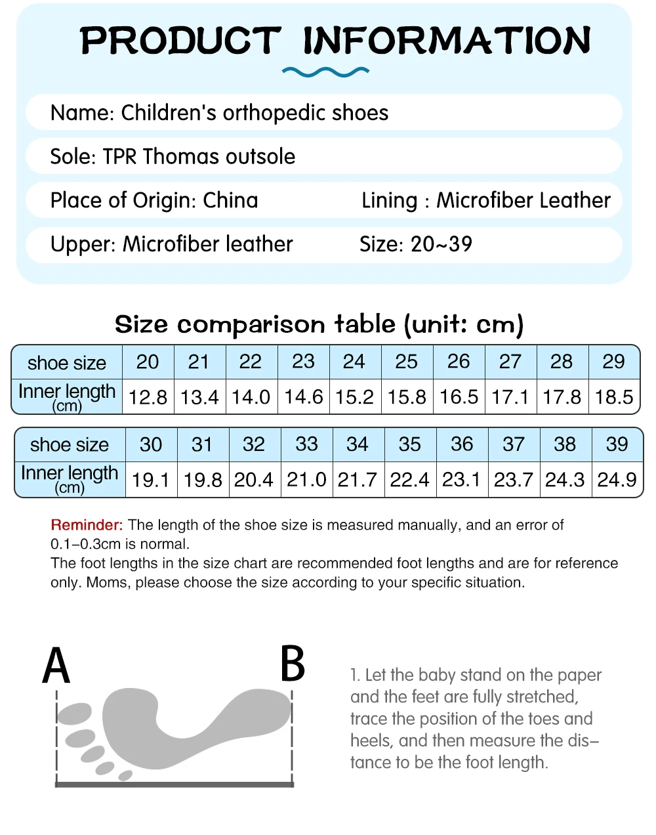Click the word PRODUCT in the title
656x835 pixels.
click(180, 41)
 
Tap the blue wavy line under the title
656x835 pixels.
click(325, 72)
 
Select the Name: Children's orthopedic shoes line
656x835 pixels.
click(219, 113)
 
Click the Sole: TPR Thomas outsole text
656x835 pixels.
click(173, 157)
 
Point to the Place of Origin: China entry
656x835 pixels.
click(154, 200)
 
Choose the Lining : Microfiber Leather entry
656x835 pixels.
click(486, 200)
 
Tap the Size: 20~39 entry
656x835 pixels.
click(416, 244)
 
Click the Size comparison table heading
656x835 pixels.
click(319, 324)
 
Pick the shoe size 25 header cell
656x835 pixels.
click(407, 362)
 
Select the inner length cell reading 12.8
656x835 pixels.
click(148, 397)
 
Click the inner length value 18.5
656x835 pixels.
click(614, 397)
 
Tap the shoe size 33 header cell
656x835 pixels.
click(306, 444)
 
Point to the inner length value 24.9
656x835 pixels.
click(617, 480)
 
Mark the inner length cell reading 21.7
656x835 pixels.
click(358, 480)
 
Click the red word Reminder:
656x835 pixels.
click(87, 525)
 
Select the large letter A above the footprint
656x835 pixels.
click(56, 666)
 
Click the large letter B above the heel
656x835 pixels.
click(293, 664)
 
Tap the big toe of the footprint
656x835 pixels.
click(73, 714)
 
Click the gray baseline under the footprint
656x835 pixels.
click(174, 784)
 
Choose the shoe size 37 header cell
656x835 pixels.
click(514, 444)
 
